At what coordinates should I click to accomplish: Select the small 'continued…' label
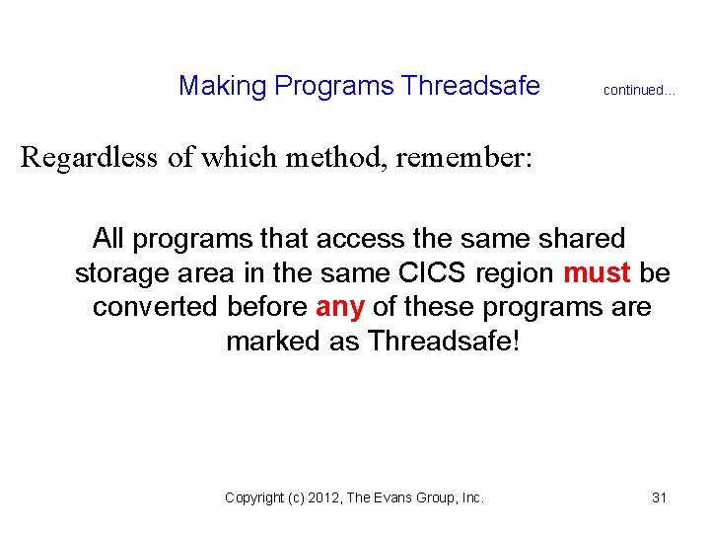tap(639, 91)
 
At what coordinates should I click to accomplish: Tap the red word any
tap(340, 307)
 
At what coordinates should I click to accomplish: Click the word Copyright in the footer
tap(253, 498)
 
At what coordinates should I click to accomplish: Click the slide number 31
tap(660, 498)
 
